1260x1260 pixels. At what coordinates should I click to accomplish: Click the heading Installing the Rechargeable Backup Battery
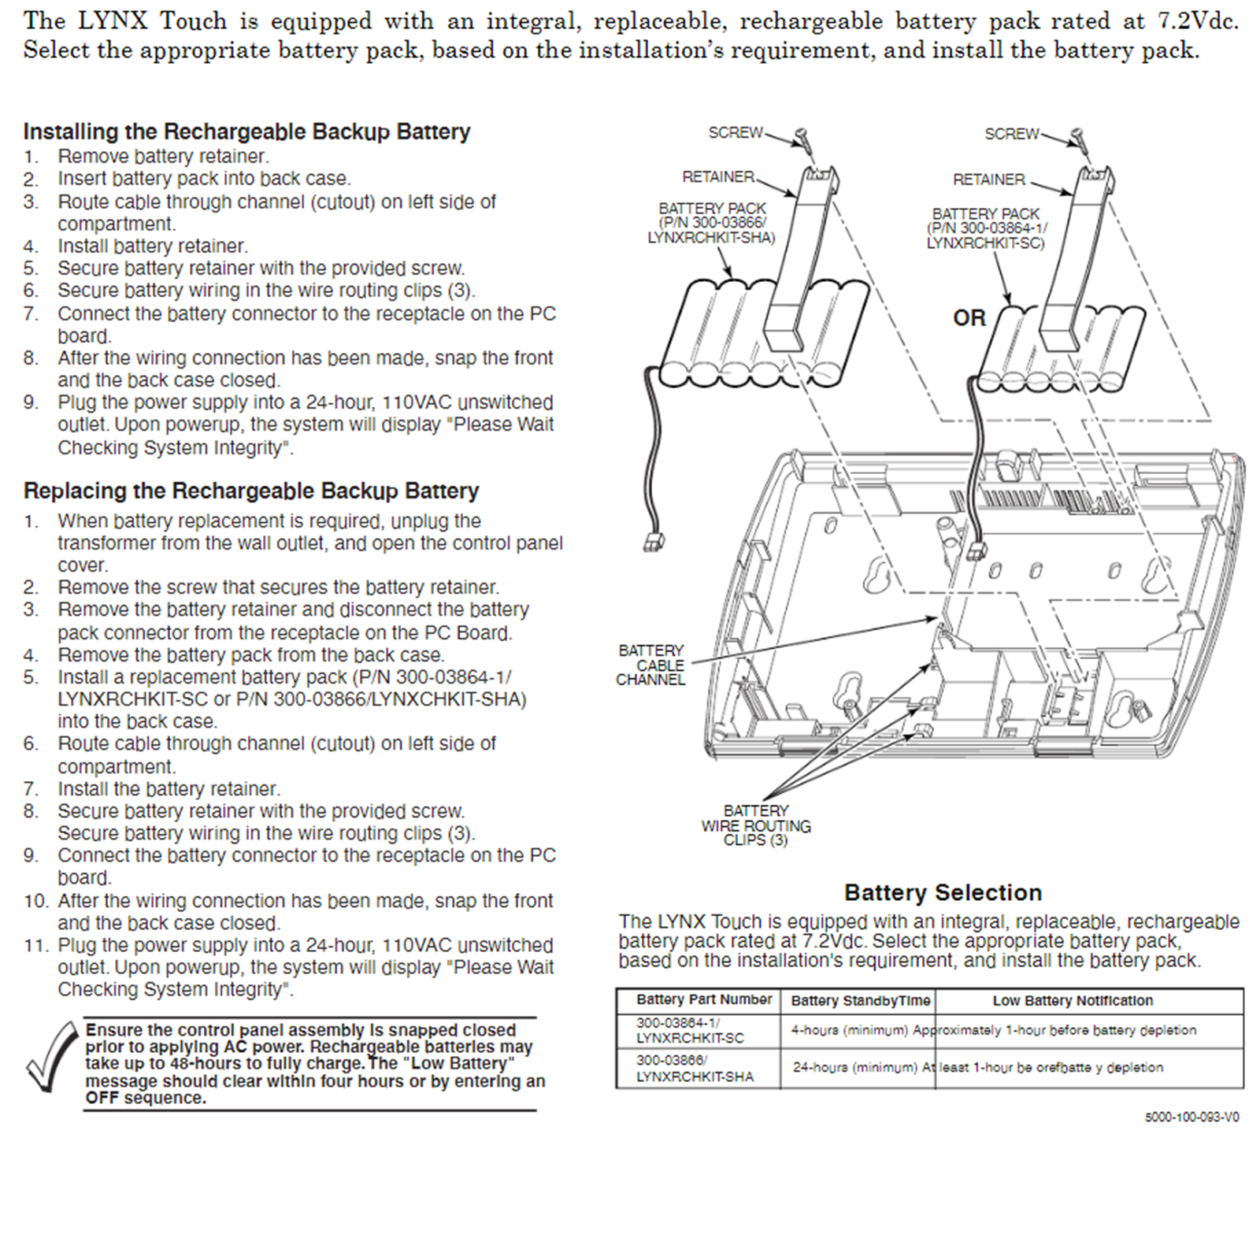pos(246,132)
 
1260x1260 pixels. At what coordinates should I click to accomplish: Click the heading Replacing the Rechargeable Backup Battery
pos(251,491)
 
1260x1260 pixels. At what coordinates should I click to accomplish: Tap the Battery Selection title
pos(943,892)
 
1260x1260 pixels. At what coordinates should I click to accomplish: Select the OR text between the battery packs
pos(969,317)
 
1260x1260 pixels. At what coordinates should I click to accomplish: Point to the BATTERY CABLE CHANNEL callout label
pos(650,665)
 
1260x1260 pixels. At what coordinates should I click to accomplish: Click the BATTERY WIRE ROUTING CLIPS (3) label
pos(756,825)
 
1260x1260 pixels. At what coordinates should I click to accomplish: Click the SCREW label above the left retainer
pos(736,132)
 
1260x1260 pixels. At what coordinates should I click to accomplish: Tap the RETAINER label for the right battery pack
pos(988,180)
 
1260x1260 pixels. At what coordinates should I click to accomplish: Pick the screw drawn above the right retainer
pos(1077,139)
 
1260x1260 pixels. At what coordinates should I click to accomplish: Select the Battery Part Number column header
pos(704,999)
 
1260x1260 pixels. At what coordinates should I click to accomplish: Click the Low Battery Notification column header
pos(1073,1000)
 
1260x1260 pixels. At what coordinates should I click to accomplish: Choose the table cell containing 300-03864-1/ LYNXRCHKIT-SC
pos(690,1030)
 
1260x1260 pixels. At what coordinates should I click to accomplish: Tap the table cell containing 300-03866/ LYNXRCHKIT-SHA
pos(695,1068)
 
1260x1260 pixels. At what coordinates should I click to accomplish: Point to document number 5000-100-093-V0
pos(1191,1117)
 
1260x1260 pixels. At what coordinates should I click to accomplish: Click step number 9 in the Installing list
pos(31,402)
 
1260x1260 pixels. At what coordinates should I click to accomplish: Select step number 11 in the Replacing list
pos(36,945)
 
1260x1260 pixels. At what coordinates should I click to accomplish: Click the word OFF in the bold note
pos(102,1098)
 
